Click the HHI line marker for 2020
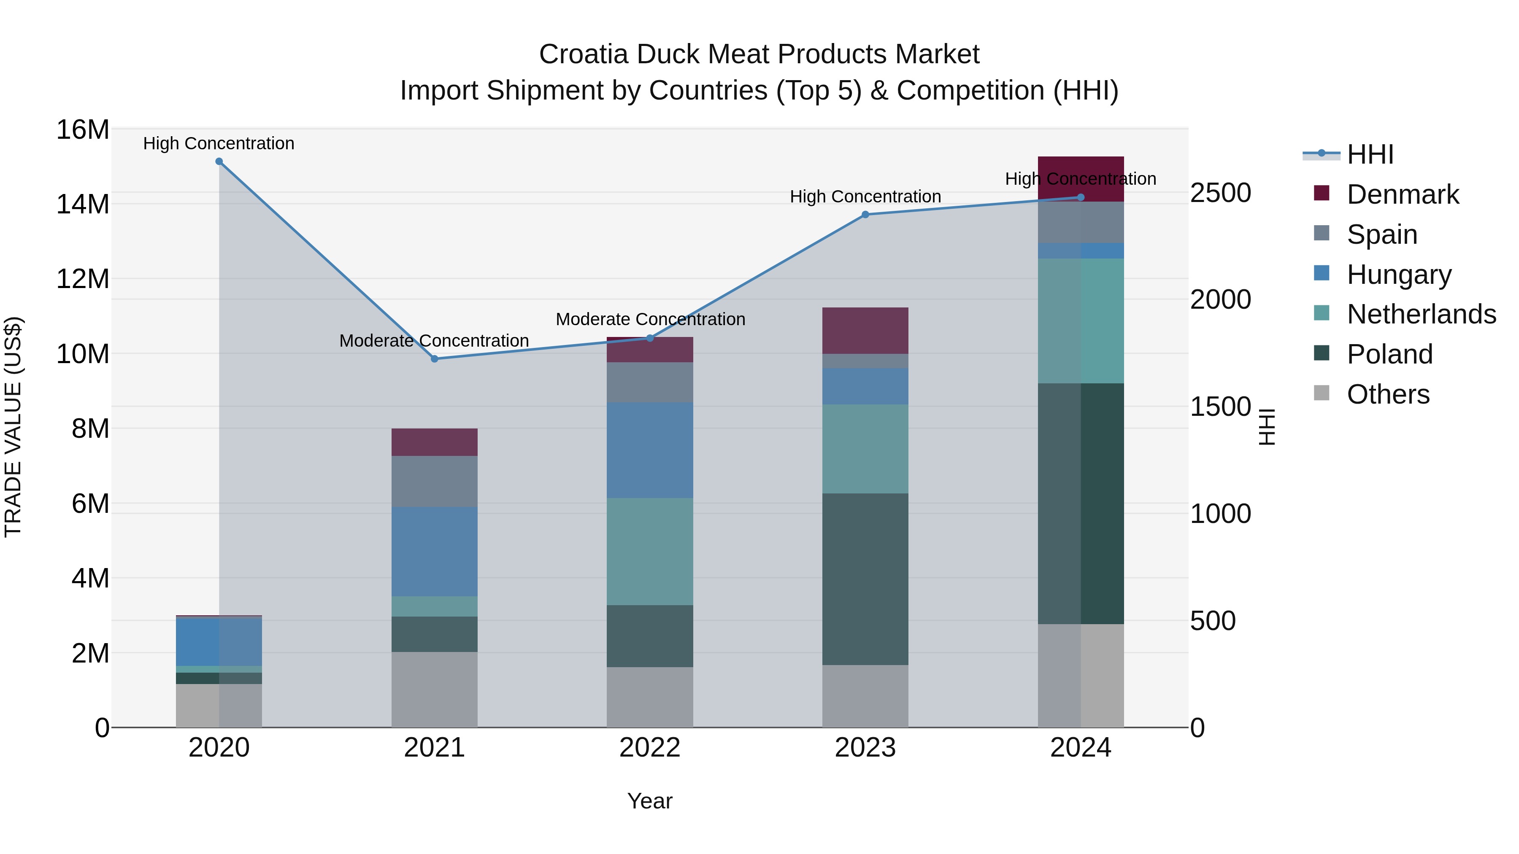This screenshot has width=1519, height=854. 219,162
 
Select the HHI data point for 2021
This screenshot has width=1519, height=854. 435,359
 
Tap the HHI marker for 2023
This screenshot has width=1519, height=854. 865,215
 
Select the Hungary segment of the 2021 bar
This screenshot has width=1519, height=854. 435,551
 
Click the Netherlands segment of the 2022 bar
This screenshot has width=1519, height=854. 650,551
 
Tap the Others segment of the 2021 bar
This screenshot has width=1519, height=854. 435,690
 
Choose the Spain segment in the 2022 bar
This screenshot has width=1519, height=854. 650,382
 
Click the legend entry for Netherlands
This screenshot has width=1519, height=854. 1421,314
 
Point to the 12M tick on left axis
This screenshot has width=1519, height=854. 83,279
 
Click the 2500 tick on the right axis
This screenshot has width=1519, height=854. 1220,193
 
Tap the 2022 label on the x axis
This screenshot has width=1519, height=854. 650,748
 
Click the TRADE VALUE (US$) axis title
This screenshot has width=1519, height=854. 13,427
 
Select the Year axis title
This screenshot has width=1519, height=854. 650,801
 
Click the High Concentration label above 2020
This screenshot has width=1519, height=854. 219,143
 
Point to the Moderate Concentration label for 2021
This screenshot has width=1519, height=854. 434,341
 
